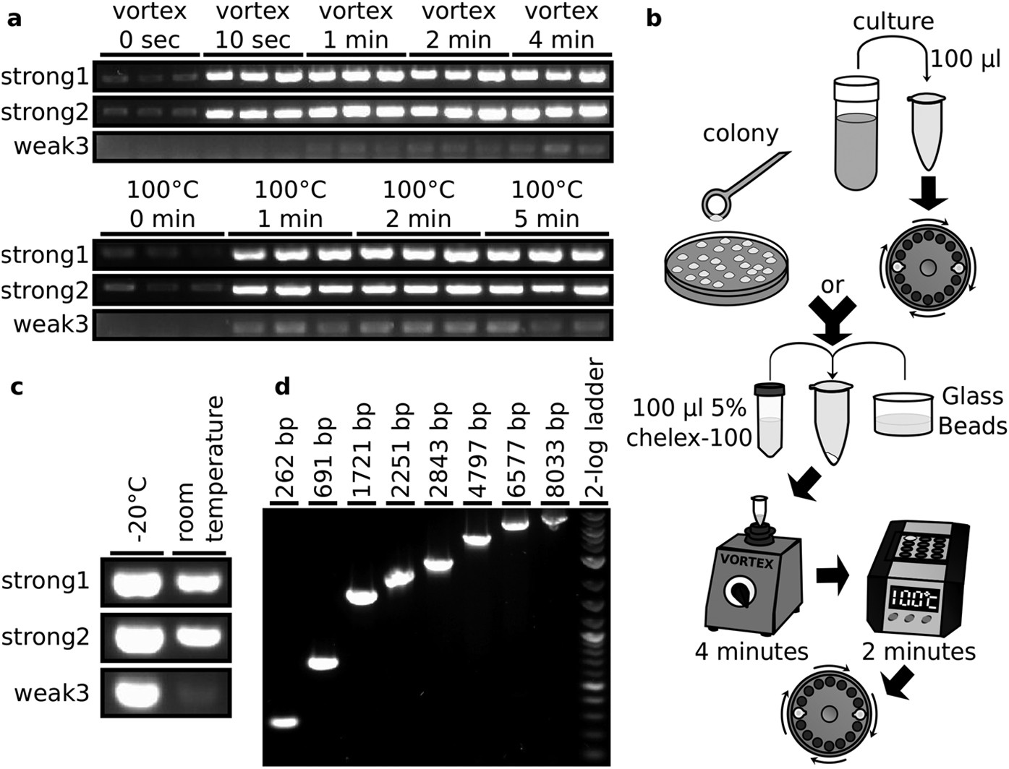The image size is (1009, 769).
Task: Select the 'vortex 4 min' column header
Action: click(562, 26)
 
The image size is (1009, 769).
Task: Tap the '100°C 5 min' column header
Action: click(546, 205)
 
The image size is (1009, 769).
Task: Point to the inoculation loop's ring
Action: click(716, 205)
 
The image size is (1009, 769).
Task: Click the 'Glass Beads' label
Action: click(971, 411)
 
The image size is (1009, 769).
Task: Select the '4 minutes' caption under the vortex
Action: click(750, 652)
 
